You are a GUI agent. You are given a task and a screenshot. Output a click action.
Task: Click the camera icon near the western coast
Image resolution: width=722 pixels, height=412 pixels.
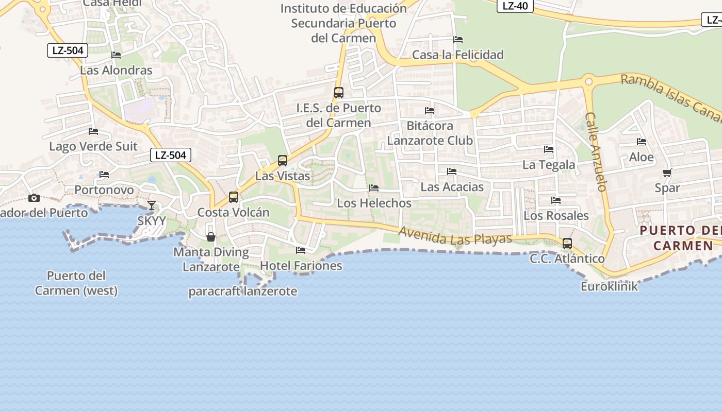point(34,198)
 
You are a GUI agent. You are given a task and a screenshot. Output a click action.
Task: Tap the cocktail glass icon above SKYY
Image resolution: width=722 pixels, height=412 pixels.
point(151,205)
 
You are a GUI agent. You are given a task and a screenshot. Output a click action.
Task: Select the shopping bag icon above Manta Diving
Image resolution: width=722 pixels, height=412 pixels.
point(211,237)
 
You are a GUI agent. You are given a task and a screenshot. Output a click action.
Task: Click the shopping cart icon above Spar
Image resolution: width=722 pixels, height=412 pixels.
point(667,173)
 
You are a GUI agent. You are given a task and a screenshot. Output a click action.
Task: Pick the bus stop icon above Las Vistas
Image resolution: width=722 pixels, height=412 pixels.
point(282,161)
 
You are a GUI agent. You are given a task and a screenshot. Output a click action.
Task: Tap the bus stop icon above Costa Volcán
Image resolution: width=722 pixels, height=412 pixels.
point(234,197)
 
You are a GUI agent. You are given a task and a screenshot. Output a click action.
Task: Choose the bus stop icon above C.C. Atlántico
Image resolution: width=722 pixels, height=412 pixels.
point(567,244)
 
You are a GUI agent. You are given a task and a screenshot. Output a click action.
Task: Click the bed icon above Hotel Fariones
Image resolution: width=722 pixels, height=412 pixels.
point(301,250)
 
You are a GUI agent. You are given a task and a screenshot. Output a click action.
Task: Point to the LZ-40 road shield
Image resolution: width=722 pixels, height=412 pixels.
point(515,6)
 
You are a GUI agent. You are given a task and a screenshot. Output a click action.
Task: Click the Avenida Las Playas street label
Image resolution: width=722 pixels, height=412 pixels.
point(454,236)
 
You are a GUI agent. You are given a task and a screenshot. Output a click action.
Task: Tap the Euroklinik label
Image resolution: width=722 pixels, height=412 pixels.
point(609,286)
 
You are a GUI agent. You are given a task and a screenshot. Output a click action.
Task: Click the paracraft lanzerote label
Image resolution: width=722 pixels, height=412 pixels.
point(242,291)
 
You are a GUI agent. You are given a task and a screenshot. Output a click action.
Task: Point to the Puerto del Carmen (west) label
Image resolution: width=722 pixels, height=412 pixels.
point(76,283)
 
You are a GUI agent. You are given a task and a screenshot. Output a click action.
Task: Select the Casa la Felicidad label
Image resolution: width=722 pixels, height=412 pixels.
point(457,55)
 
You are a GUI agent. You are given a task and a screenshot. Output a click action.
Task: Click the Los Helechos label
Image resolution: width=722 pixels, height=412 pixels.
point(374,203)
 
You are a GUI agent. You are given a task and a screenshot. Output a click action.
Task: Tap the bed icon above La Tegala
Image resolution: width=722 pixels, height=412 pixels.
point(549,149)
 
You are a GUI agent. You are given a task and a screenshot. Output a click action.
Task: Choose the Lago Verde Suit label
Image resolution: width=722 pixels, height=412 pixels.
point(93,146)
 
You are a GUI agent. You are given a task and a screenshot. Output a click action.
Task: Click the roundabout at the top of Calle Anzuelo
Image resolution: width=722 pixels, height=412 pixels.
point(588,81)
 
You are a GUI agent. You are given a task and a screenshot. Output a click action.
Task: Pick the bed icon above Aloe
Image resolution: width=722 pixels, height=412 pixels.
point(642,142)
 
